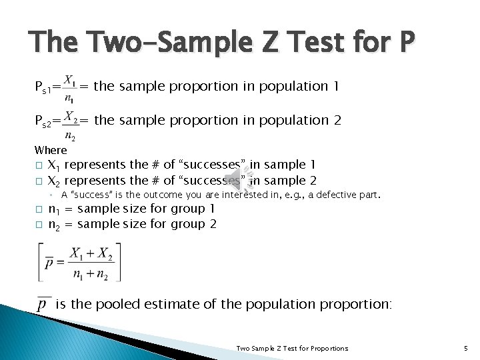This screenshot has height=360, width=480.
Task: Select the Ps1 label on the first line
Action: (x=47, y=87)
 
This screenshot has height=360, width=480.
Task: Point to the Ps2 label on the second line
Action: (x=47, y=121)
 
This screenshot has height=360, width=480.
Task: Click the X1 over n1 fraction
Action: (x=71, y=87)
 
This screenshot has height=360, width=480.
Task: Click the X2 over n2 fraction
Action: (x=71, y=122)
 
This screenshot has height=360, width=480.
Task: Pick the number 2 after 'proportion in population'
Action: (x=337, y=121)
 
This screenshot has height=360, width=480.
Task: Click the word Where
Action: (x=51, y=150)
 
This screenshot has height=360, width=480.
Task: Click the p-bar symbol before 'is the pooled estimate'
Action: (x=44, y=305)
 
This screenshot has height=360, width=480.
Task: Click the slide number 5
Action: (x=465, y=348)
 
